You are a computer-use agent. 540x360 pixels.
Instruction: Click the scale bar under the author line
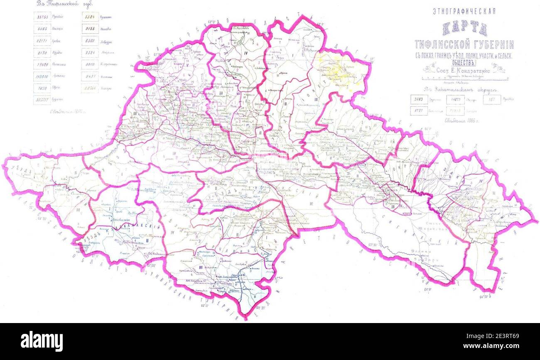pyautogui.click(x=464, y=78)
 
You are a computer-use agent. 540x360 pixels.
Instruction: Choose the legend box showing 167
pyautogui.click(x=492, y=100)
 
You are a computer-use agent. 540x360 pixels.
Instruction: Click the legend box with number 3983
pyautogui.click(x=418, y=100)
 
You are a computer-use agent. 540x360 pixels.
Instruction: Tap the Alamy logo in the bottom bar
pyautogui.click(x=42, y=341)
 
